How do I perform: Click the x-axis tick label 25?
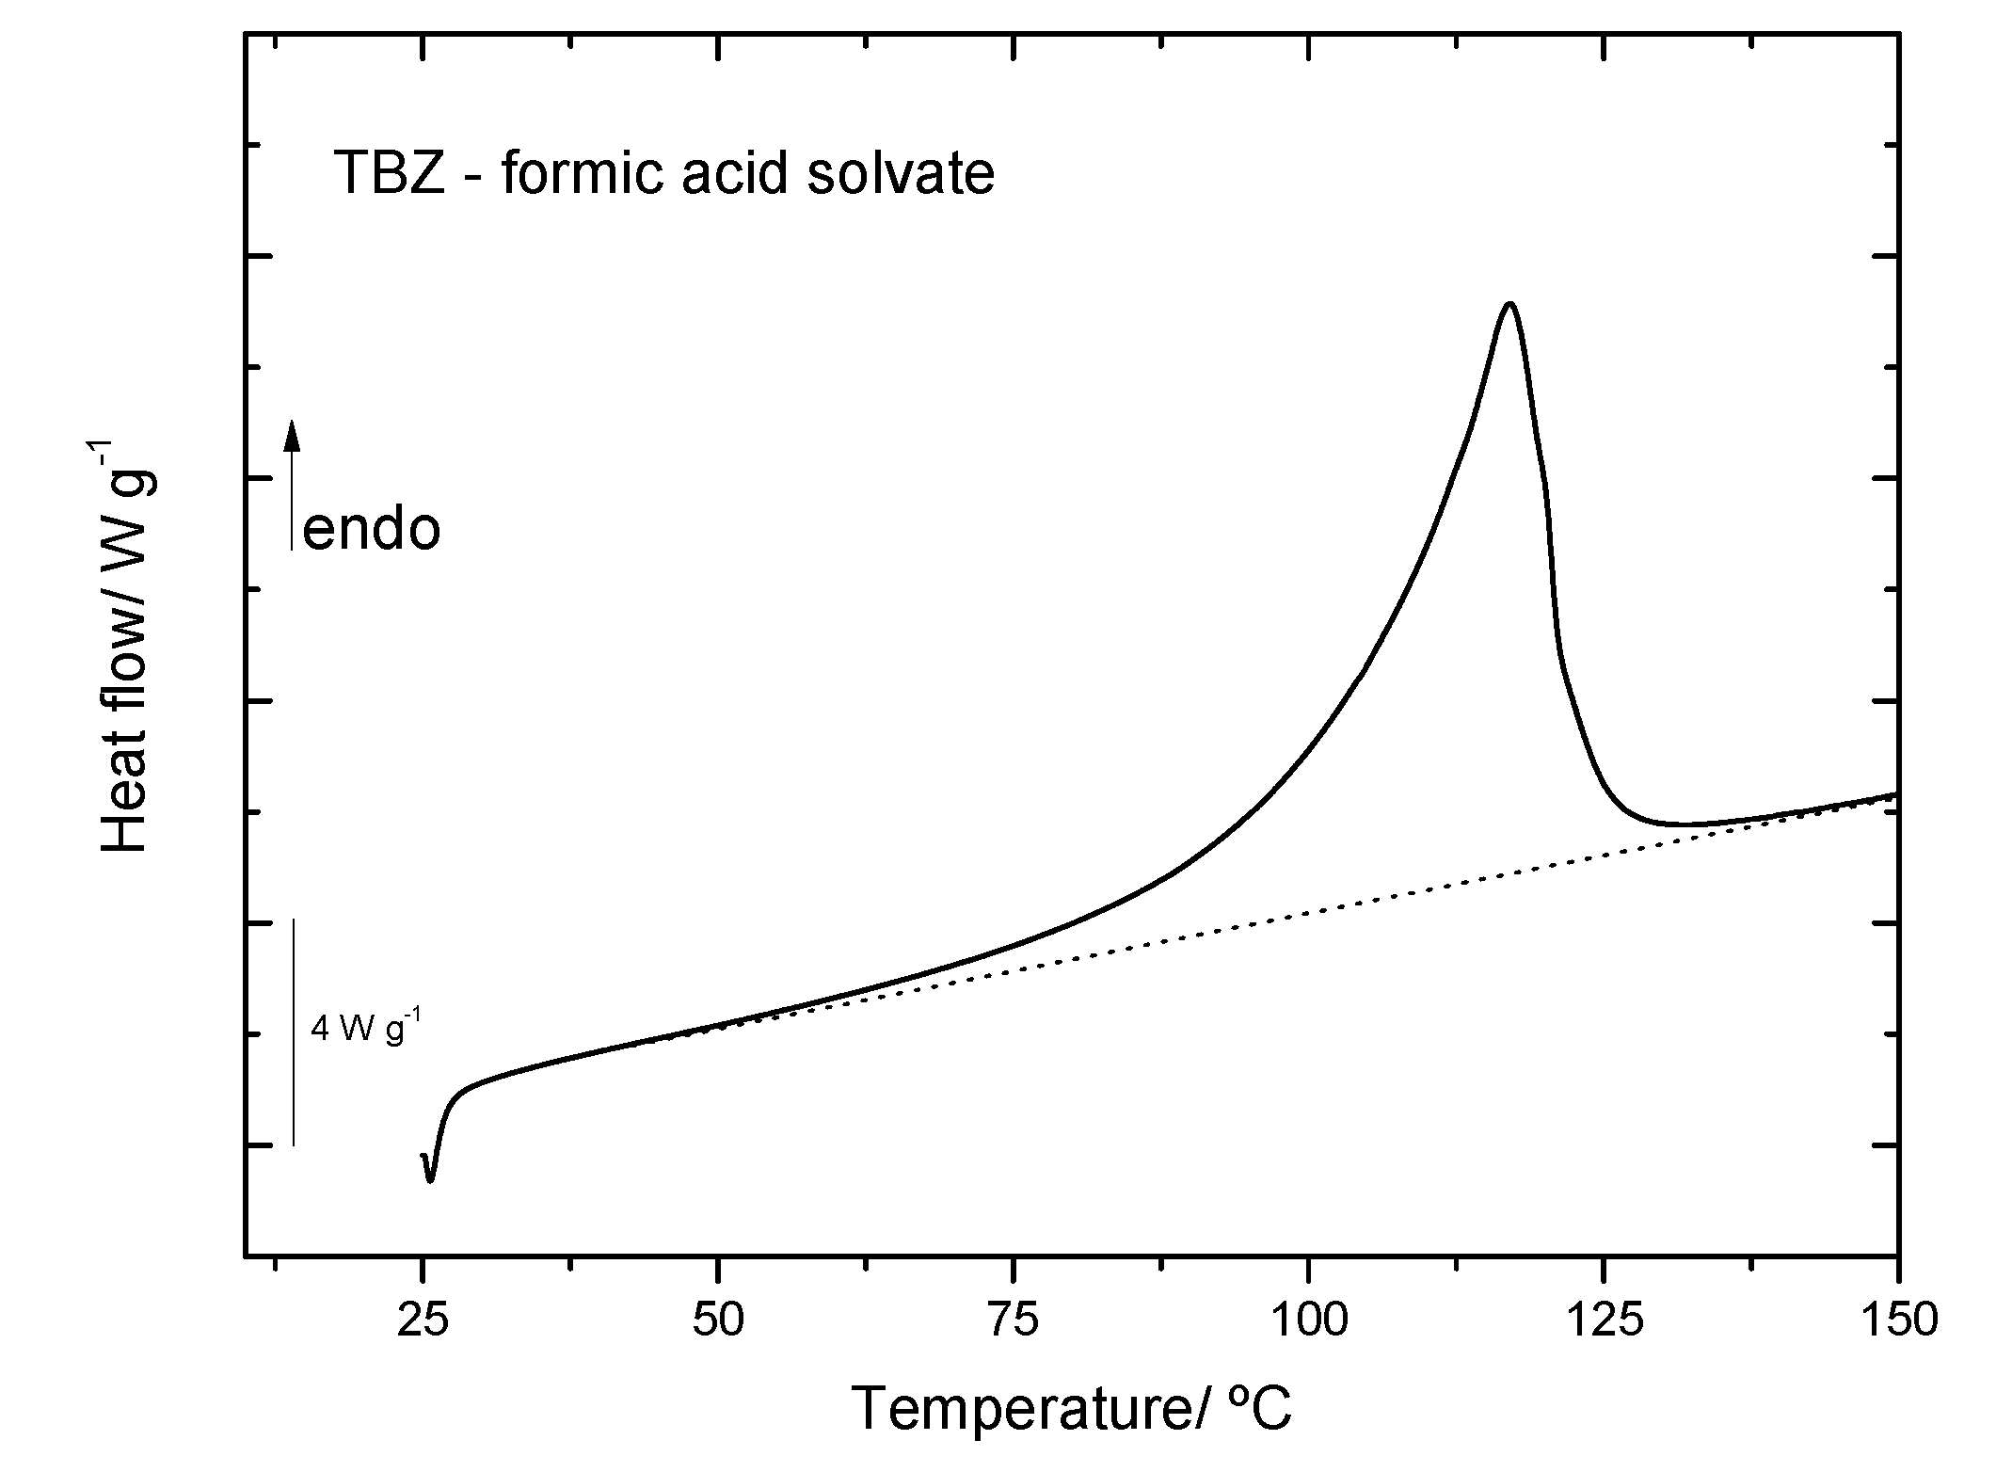click(423, 1320)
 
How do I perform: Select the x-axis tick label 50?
click(717, 1320)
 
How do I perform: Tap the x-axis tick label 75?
click(1013, 1320)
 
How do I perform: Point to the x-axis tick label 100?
click(1307, 1320)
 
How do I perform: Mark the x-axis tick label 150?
click(1896, 1320)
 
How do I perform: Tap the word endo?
click(372, 530)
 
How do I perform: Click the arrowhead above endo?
click(293, 435)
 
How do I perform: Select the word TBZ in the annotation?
click(390, 175)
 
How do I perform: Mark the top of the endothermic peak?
click(1509, 304)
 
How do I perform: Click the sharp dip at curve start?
click(430, 1179)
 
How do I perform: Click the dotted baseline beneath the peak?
click(1412, 894)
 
